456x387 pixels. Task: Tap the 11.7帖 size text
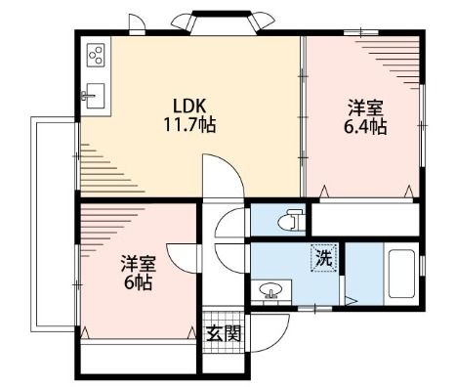point(189,125)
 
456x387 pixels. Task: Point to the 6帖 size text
point(137,283)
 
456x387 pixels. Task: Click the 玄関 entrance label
point(224,333)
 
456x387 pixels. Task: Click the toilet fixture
point(292,219)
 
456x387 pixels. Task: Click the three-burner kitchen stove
point(97,56)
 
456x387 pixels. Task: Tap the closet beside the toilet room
point(364,219)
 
